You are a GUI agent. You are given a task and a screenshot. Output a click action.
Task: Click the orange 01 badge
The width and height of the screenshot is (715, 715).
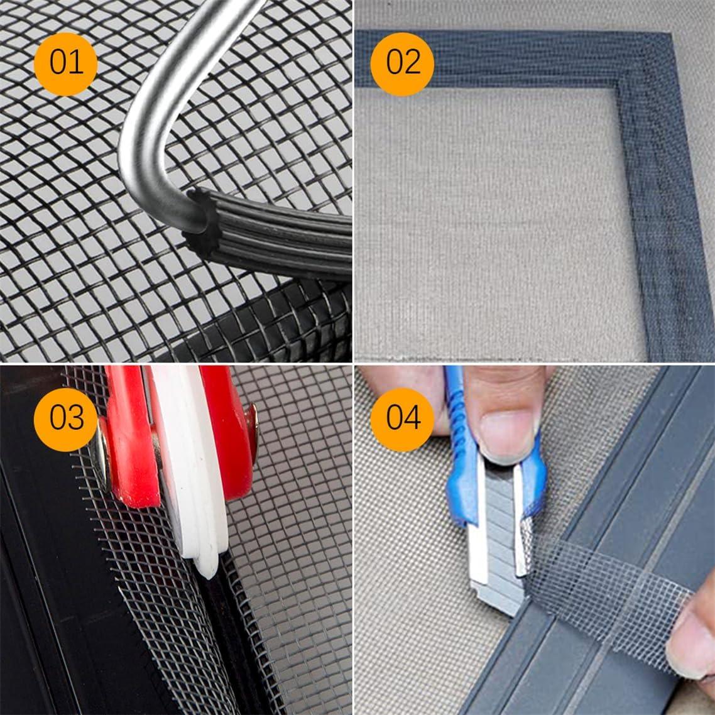pos(66,63)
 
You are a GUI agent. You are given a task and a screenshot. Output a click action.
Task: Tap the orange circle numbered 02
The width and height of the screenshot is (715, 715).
pos(403,63)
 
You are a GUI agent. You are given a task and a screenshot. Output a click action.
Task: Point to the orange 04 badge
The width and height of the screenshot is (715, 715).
pos(403,418)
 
